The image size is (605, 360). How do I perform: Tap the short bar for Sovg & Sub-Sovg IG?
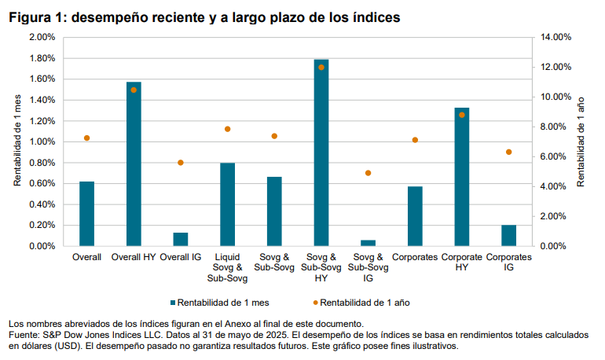[x=368, y=243]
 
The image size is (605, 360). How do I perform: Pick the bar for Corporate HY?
[x=462, y=177]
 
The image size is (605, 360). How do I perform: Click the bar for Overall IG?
[x=181, y=239]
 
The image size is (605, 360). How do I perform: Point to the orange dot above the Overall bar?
[x=86, y=138]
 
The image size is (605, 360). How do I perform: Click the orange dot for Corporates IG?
[x=509, y=152]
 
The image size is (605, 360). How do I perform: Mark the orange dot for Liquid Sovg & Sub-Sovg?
[x=228, y=129]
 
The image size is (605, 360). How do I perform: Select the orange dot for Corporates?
[x=415, y=140]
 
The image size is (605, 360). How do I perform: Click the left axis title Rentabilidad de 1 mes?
[x=16, y=141]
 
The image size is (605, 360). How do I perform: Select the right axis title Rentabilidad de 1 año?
[x=581, y=141]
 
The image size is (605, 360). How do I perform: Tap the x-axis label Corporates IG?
[x=509, y=262]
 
